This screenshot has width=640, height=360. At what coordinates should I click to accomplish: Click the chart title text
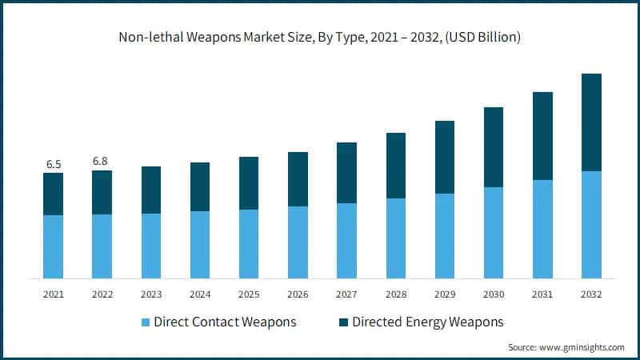(320, 38)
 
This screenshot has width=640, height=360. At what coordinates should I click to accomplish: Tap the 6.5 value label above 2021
(54, 164)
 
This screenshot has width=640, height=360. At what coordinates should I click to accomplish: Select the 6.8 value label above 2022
(102, 161)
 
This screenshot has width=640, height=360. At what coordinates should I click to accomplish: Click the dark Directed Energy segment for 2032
(591, 122)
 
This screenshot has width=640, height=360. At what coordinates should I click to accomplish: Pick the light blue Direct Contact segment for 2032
(591, 225)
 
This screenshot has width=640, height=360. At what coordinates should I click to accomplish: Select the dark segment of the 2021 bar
(54, 194)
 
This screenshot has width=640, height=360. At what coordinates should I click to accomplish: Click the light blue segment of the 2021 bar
(54, 246)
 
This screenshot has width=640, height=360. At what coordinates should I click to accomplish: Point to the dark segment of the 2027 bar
(346, 173)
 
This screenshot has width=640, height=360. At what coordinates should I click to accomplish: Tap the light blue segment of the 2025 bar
(249, 244)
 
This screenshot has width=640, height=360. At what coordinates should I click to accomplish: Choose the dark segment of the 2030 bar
(494, 147)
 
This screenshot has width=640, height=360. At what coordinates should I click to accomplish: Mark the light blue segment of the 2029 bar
(445, 236)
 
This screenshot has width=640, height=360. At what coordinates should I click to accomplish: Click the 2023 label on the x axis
(151, 294)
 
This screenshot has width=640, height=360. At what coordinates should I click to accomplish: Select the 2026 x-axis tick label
(298, 294)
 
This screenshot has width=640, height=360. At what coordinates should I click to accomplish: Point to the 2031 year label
(542, 294)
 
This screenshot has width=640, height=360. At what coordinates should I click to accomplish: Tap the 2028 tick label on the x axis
(396, 294)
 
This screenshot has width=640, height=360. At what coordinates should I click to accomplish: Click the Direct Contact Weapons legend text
(225, 322)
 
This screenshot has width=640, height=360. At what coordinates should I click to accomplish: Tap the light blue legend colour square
(145, 322)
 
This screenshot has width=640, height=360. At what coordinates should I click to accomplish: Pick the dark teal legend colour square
(343, 322)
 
